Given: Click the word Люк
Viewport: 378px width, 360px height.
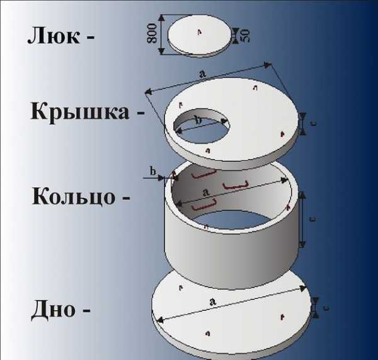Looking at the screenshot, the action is [x=54, y=35].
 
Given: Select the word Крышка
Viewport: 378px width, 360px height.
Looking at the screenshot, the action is [x=80, y=112].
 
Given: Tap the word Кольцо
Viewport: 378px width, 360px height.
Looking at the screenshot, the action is [x=74, y=197].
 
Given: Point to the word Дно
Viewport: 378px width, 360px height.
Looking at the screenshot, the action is [x=54, y=310].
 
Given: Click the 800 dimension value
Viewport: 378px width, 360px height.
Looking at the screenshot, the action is [x=152, y=33].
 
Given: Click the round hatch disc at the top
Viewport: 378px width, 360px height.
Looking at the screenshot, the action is [x=199, y=36].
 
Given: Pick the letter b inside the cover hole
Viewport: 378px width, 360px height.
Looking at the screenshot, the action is [x=198, y=120].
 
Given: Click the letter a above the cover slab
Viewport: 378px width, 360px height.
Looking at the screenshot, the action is [x=203, y=73].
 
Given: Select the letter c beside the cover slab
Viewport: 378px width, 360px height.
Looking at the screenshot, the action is [x=314, y=124].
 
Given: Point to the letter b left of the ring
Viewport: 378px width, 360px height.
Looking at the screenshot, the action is [x=153, y=171].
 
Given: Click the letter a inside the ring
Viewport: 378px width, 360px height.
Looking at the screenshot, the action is [x=205, y=192].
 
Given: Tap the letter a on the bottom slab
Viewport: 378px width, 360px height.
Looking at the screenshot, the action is [x=212, y=301].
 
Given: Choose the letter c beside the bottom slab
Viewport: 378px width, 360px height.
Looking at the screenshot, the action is [x=326, y=308].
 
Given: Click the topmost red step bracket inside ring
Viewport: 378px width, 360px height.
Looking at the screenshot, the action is [x=203, y=174].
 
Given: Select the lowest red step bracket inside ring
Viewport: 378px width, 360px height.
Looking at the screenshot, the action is [x=203, y=205].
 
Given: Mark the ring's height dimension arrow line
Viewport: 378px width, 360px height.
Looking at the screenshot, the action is [x=302, y=220].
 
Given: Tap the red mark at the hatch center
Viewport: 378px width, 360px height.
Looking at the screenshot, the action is [x=199, y=32].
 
